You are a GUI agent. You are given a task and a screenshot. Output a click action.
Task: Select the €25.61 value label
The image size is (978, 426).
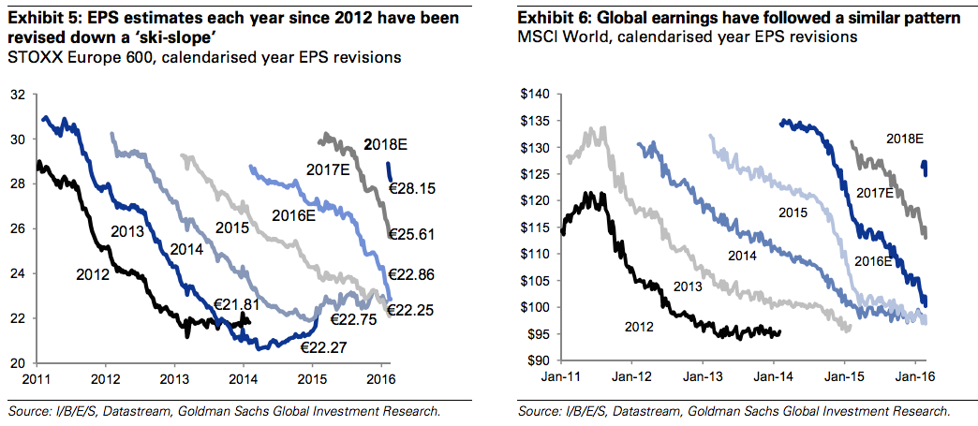412,233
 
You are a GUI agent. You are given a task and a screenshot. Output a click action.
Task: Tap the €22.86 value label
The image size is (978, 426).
412,276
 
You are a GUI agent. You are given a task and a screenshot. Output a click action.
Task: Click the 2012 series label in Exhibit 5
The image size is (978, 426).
93,275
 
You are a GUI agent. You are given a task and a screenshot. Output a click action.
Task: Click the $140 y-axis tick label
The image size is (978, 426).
537,95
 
